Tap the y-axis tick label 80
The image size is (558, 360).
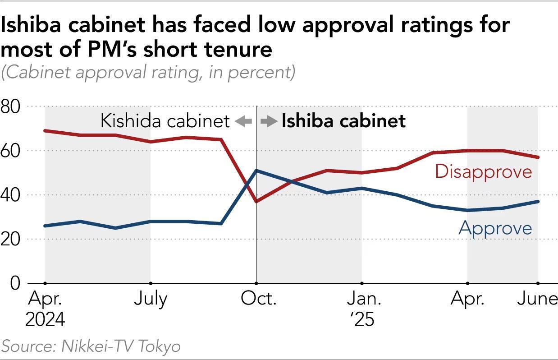[11, 107]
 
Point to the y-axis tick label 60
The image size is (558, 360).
[11, 151]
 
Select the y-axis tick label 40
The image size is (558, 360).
[11, 195]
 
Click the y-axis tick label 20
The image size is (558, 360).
[11, 239]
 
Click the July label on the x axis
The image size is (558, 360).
[150, 299]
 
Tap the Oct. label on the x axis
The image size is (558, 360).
[256, 299]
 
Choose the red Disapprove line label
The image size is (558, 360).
[483, 172]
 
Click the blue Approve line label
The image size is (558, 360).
[495, 228]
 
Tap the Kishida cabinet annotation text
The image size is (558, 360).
[165, 121]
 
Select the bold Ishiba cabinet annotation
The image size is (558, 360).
[343, 121]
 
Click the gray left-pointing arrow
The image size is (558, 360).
[243, 121]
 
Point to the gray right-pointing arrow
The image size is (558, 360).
[269, 121]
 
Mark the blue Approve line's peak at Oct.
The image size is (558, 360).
[256, 171]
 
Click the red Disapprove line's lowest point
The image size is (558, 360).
[256, 201]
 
